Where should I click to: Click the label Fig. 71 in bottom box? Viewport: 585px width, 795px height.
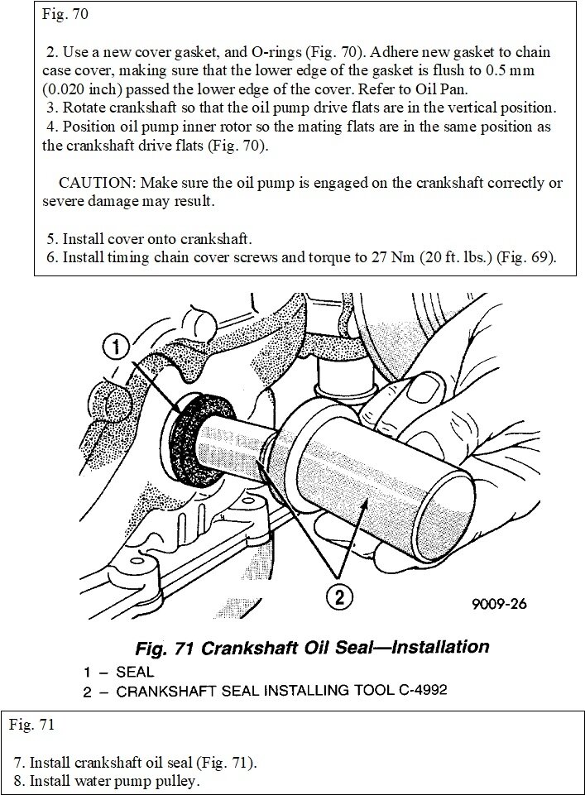(x=32, y=726)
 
